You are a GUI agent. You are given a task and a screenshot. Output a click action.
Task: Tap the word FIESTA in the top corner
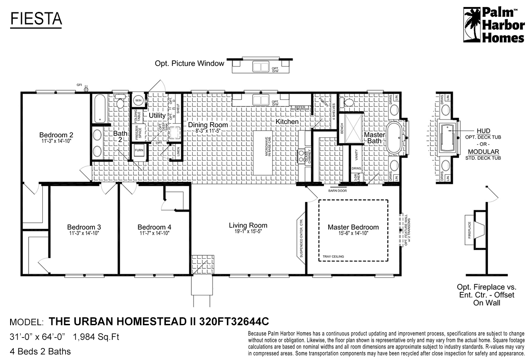[x=36, y=18]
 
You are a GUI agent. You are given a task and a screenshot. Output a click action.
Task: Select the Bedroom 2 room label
[x=56, y=135]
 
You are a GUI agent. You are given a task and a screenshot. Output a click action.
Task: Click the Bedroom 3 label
[x=84, y=227]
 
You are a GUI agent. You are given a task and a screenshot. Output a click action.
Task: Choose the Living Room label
[x=248, y=225]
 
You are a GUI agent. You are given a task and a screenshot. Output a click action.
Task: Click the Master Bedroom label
[x=353, y=227]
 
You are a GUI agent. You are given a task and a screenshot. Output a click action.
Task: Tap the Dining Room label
[x=207, y=125]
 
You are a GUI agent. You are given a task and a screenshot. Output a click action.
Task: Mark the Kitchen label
[x=287, y=121]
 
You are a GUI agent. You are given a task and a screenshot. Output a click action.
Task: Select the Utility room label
[x=157, y=115]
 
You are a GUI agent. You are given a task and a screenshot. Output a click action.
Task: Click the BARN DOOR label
[x=337, y=191]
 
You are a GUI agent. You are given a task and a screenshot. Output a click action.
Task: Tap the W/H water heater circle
[x=138, y=100]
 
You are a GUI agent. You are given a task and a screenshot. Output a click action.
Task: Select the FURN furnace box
[x=139, y=150]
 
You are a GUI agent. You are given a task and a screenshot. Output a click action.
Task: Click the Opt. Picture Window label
[x=189, y=63]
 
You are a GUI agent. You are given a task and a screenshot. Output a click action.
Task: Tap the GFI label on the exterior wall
[x=80, y=84]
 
